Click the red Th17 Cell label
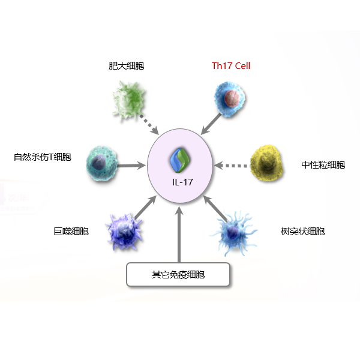(x=231, y=66)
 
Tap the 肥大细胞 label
(x=126, y=66)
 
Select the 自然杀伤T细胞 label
(x=43, y=157)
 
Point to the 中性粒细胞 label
(x=323, y=165)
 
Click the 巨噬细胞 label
(x=71, y=231)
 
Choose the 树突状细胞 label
(x=302, y=231)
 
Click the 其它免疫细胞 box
(x=178, y=275)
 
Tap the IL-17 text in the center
(x=182, y=182)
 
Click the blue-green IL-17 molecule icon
(x=180, y=160)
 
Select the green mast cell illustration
(x=128, y=100)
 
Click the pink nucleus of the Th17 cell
(x=232, y=98)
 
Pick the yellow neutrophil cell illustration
(x=266, y=163)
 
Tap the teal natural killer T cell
(x=101, y=163)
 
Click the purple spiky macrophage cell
(x=124, y=232)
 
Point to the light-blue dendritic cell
(x=234, y=233)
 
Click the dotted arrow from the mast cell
(x=149, y=125)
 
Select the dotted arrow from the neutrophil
(x=231, y=166)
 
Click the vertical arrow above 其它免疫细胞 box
(x=179, y=234)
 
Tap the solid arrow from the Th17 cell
(x=211, y=124)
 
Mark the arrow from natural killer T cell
(x=131, y=166)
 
